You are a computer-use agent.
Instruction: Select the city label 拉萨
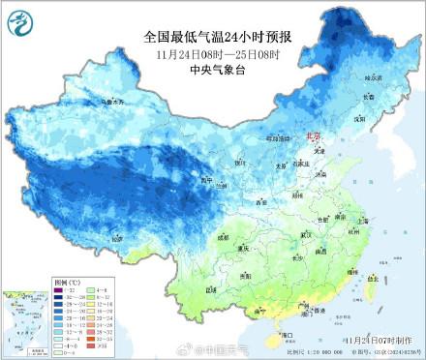point(117,237)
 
